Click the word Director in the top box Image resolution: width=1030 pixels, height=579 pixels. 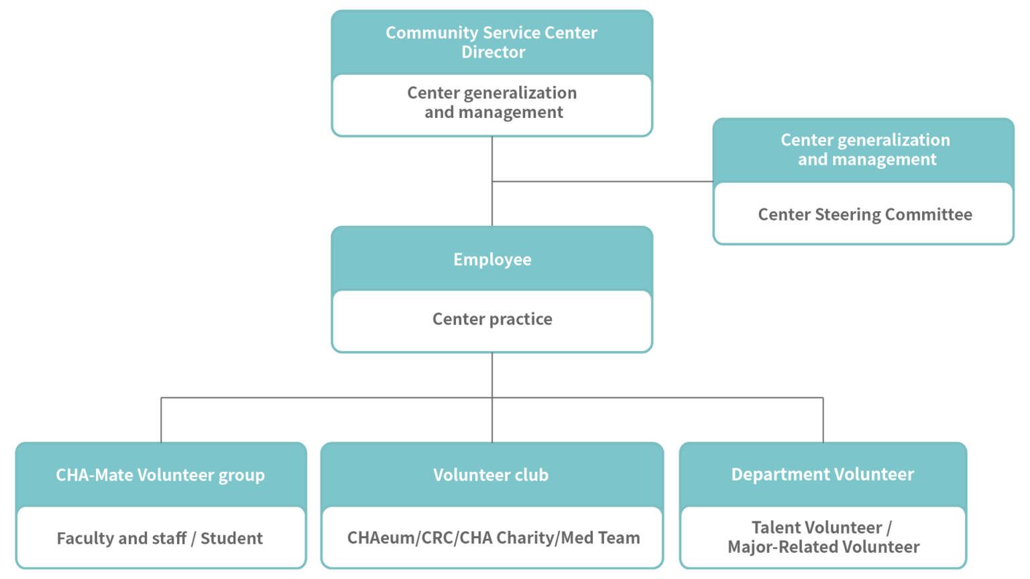click(x=493, y=52)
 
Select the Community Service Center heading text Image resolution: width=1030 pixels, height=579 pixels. click(x=492, y=33)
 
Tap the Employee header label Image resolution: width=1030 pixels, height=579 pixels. click(x=492, y=259)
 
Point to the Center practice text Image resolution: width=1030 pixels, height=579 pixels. click(x=492, y=319)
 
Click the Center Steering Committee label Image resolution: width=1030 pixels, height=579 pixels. click(x=864, y=214)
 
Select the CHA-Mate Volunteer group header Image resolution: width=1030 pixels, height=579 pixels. click(x=160, y=475)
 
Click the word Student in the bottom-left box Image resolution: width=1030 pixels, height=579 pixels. click(x=231, y=538)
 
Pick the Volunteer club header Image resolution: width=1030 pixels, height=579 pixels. click(x=491, y=475)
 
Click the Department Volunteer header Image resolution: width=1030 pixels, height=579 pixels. click(x=822, y=474)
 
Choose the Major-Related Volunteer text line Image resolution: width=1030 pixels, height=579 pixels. click(x=823, y=547)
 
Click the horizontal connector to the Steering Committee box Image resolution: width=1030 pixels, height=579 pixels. click(x=604, y=181)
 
